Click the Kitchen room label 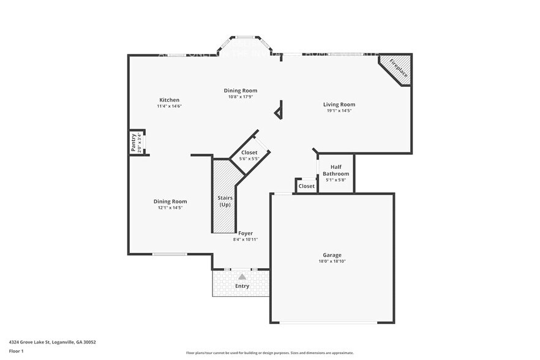(x=169, y=100)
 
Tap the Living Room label (x=339, y=105)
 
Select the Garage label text (x=332, y=255)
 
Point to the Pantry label (x=133, y=143)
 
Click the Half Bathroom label (x=335, y=170)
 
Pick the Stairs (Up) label (x=224, y=201)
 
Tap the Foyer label (x=245, y=233)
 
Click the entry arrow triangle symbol (x=242, y=277)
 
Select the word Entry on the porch (x=242, y=286)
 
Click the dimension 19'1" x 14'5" (x=339, y=111)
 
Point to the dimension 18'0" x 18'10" (x=332, y=261)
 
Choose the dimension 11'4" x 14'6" (x=169, y=106)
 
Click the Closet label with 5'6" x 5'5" (x=249, y=152)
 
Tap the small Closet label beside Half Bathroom (x=306, y=186)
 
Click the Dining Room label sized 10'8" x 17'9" (x=240, y=91)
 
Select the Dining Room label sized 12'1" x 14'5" (x=170, y=201)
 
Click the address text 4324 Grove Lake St (x=52, y=342)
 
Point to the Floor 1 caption (x=16, y=351)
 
